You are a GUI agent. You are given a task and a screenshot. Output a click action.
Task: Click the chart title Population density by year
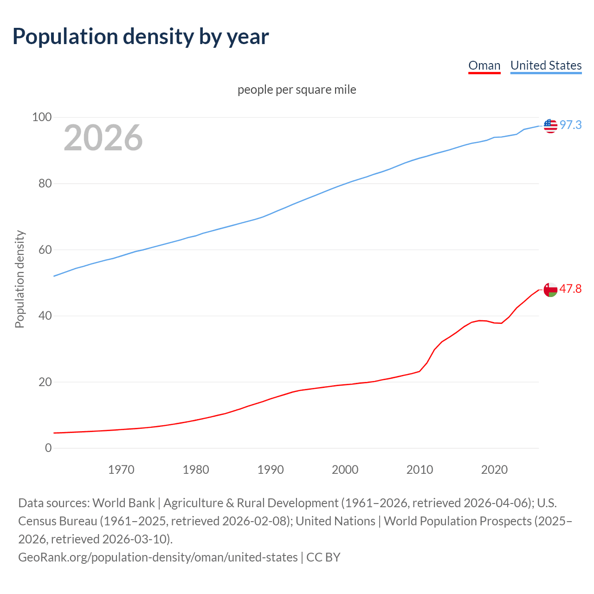[x=141, y=37]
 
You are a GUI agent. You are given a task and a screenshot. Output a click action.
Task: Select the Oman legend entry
[x=484, y=65]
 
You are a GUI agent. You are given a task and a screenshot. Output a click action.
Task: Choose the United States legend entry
[x=546, y=65]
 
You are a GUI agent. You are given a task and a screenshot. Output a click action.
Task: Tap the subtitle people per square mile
[x=297, y=90]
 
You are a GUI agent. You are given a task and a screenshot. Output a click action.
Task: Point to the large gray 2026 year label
[x=103, y=137]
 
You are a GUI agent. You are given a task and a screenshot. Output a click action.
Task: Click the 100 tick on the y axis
[x=42, y=117]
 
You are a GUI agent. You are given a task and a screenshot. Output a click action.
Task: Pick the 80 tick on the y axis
[x=45, y=183]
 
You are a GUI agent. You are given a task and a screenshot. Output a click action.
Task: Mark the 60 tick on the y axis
[x=45, y=250]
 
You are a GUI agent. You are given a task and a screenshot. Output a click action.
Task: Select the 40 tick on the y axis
[x=45, y=316]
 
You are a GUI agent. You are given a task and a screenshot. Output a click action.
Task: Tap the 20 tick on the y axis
[x=45, y=382]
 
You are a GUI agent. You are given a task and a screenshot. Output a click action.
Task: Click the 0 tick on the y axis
[x=48, y=448]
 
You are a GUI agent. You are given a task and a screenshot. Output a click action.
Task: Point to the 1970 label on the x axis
[x=121, y=470]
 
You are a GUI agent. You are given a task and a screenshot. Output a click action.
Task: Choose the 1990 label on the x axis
[x=271, y=470]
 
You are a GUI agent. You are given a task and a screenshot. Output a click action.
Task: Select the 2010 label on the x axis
[x=420, y=470]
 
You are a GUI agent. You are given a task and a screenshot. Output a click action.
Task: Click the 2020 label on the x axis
[x=494, y=470]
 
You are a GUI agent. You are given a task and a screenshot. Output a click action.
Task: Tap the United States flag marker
[x=550, y=125]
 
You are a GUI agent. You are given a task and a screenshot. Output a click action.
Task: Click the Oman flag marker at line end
[x=550, y=290]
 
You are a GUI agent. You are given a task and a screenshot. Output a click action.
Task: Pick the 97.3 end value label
[x=570, y=125]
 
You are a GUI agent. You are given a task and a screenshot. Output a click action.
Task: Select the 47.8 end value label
[x=570, y=289]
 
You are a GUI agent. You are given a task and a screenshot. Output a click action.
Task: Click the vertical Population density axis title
[x=19, y=279]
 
